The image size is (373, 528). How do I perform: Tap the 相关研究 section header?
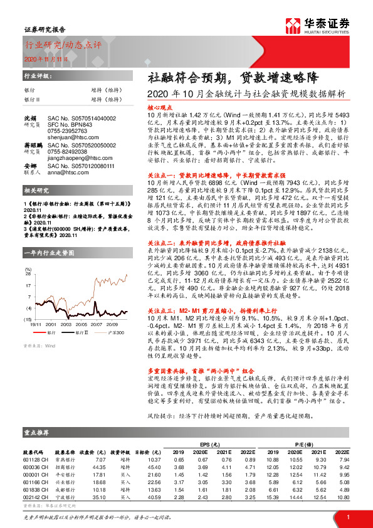[36, 206]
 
